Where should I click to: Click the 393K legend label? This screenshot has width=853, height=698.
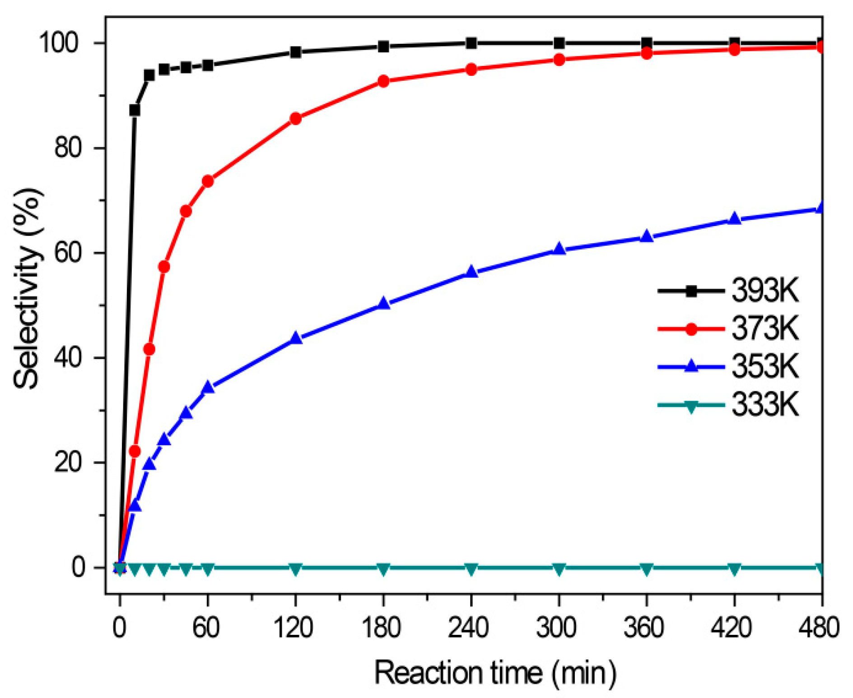pyautogui.click(x=764, y=290)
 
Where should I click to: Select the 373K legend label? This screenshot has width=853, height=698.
pyautogui.click(x=764, y=328)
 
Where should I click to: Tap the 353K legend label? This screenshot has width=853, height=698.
pyautogui.click(x=764, y=366)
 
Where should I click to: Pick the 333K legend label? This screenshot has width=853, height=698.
pyautogui.click(x=764, y=404)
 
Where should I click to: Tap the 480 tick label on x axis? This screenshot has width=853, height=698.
pyautogui.click(x=819, y=628)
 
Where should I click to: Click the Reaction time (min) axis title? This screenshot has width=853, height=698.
pyautogui.click(x=495, y=673)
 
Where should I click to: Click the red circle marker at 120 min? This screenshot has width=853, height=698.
pyautogui.click(x=295, y=119)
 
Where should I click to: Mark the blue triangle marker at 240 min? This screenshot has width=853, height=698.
pyautogui.click(x=471, y=272)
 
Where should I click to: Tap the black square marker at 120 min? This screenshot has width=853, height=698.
pyautogui.click(x=295, y=52)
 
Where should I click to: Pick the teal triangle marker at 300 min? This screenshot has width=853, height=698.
pyautogui.click(x=559, y=569)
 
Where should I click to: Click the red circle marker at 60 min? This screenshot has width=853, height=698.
pyautogui.click(x=208, y=181)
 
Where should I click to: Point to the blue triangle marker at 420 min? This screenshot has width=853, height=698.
pyautogui.click(x=734, y=219)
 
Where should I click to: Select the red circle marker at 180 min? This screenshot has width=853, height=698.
pyautogui.click(x=383, y=81)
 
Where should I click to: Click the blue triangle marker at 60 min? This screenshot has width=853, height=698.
pyautogui.click(x=208, y=387)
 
